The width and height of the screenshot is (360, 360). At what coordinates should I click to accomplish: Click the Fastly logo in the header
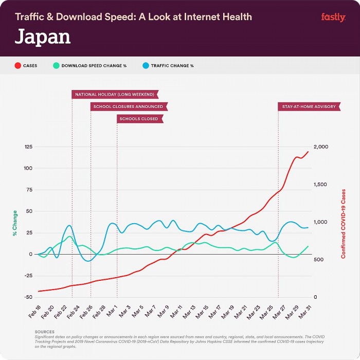(333, 17)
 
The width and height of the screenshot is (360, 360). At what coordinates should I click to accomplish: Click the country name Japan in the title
(43, 37)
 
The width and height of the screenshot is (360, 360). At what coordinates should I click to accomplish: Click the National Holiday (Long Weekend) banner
(115, 94)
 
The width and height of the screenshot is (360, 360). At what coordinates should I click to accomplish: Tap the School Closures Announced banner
(129, 106)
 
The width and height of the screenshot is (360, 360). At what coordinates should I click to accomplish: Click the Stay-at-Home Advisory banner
(309, 106)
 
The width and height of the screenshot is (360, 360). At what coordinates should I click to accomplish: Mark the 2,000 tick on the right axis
(321, 147)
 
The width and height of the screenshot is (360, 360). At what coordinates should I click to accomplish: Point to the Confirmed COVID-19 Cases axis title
(344, 223)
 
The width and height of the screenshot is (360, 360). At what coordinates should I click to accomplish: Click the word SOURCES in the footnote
(44, 332)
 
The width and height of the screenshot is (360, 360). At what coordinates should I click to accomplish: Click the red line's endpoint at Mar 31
(309, 151)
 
